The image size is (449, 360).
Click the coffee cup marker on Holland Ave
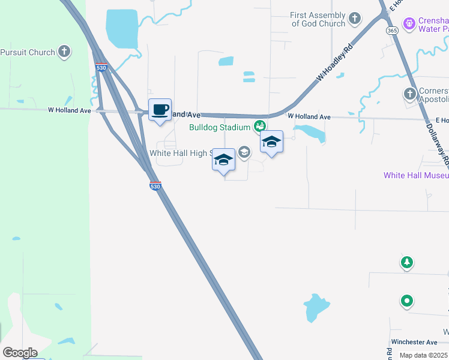coord(160,110)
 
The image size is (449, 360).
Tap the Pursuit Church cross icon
coord(64,52)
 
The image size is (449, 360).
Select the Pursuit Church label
coord(28,52)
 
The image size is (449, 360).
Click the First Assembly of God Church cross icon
coord(355,19)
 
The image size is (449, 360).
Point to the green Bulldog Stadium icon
coord(259,126)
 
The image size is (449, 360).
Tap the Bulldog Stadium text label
coord(219,127)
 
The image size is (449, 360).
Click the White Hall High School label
coord(179,153)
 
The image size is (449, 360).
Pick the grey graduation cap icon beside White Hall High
coord(244,152)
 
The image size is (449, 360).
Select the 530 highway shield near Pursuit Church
coord(101,68)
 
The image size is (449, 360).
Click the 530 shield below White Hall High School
coord(155,187)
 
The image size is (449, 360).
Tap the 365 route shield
coord(392,30)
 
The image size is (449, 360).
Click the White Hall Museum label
coord(416,175)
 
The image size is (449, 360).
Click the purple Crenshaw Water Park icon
coord(410,23)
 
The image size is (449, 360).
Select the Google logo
coord(20,353)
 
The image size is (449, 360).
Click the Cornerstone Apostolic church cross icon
coord(410,94)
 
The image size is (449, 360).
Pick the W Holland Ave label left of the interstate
coord(70,110)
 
